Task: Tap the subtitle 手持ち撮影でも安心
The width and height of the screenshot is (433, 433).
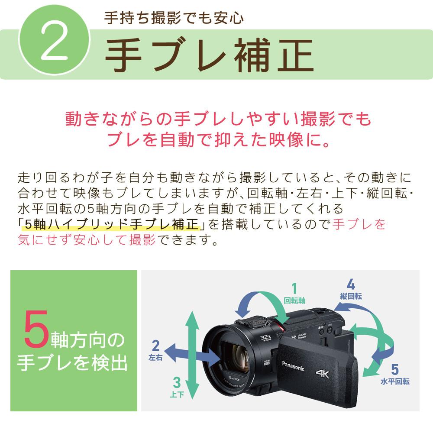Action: tap(174, 18)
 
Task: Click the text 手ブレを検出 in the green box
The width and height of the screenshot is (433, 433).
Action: tap(72, 363)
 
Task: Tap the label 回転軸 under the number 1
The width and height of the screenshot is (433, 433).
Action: tap(295, 300)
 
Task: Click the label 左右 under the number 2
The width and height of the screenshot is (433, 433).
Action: tap(155, 358)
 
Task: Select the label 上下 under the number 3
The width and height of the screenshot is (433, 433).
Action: tap(176, 394)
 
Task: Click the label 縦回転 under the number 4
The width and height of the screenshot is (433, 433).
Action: tap(351, 297)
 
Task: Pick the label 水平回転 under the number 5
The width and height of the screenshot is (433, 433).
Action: tap(394, 382)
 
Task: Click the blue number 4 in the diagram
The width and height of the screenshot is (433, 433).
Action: tap(351, 284)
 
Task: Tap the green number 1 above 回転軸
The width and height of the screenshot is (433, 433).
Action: tap(294, 288)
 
